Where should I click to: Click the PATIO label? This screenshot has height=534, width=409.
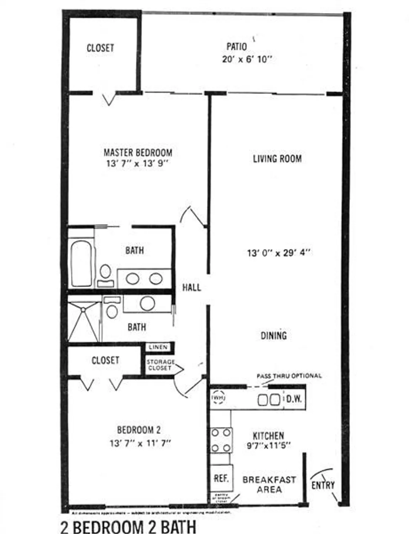(237, 47)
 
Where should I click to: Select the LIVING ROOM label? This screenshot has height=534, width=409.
(277, 159)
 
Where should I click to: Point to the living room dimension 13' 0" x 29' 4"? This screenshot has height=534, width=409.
(278, 253)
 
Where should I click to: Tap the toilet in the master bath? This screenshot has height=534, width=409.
(105, 274)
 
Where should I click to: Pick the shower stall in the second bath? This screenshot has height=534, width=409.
(83, 322)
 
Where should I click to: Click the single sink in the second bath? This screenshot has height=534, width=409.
(147, 303)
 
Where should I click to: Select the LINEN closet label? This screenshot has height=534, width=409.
(158, 347)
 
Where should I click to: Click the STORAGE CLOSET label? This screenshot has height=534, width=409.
(160, 365)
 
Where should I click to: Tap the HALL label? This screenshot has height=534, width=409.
(191, 287)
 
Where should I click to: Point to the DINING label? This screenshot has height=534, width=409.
(273, 335)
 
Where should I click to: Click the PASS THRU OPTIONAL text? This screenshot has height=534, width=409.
(289, 376)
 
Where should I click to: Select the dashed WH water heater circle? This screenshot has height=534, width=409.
(218, 398)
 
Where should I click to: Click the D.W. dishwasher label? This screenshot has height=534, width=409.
(294, 399)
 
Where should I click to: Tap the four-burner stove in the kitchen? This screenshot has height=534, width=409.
(221, 440)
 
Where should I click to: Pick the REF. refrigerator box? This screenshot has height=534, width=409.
(221, 478)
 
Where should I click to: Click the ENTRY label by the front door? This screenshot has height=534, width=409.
(323, 485)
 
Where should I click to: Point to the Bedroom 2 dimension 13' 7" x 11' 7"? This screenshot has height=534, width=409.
(140, 444)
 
